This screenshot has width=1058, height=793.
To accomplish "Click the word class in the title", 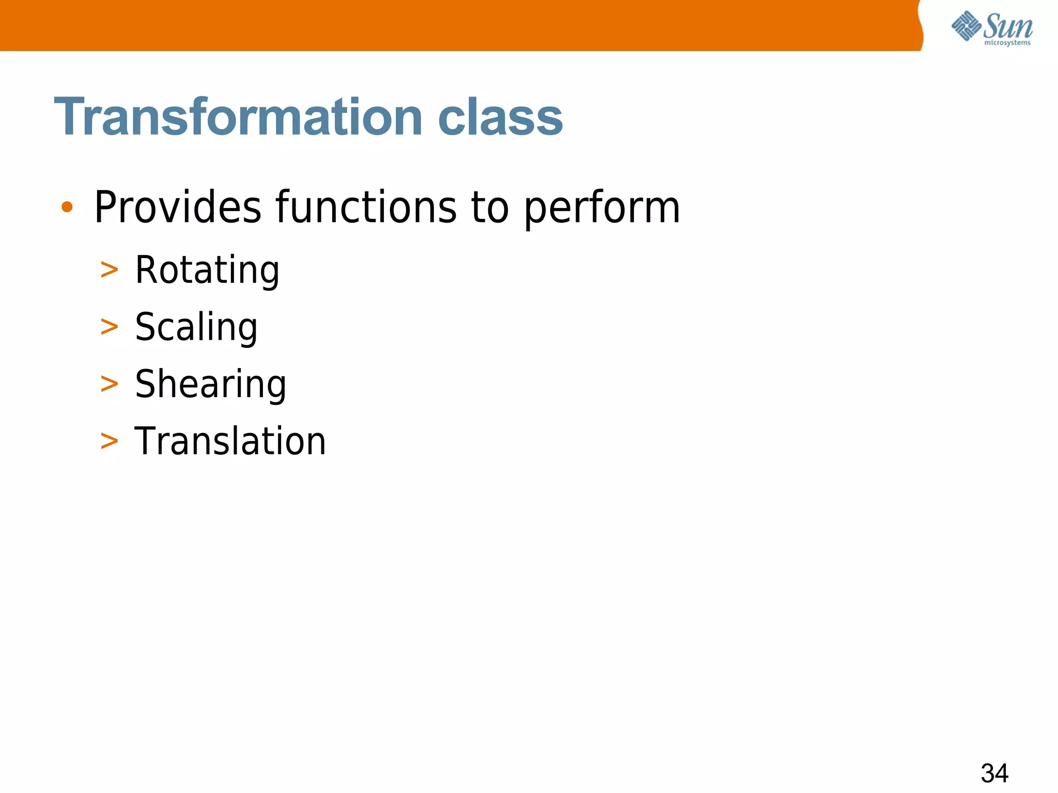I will [500, 117].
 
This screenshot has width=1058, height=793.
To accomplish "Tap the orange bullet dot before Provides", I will [67, 208].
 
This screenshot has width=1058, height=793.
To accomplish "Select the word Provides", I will [178, 208].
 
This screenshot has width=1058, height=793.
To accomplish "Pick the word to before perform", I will [490, 208].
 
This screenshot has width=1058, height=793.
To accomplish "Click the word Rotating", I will [207, 271].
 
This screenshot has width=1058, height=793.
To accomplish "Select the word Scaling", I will [196, 328].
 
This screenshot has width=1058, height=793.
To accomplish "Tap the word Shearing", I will [210, 385].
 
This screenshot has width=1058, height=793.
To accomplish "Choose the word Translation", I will [230, 441].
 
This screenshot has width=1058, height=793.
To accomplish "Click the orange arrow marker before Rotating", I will [109, 270].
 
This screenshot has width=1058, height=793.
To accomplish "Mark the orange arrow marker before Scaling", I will [109, 327].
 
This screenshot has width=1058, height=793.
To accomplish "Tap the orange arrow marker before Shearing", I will [109, 384].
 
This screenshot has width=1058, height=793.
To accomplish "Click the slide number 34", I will [994, 773].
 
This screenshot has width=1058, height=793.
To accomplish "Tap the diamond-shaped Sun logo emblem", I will [966, 26].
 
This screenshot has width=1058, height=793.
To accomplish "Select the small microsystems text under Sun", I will [1007, 43].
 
